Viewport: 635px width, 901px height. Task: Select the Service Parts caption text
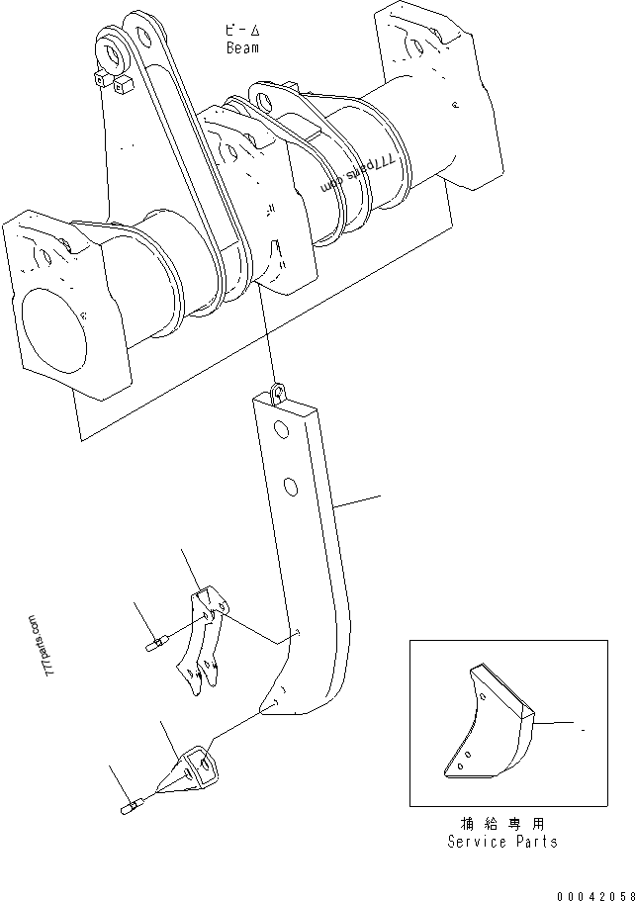[501, 842]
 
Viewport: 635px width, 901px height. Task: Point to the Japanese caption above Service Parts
[501, 823]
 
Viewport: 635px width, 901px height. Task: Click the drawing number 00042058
[592, 894]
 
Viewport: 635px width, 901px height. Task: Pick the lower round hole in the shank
[291, 486]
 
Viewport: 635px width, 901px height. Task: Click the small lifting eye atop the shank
[277, 392]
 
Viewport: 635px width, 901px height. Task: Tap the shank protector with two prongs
[203, 643]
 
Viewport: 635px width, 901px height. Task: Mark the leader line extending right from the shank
[358, 498]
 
